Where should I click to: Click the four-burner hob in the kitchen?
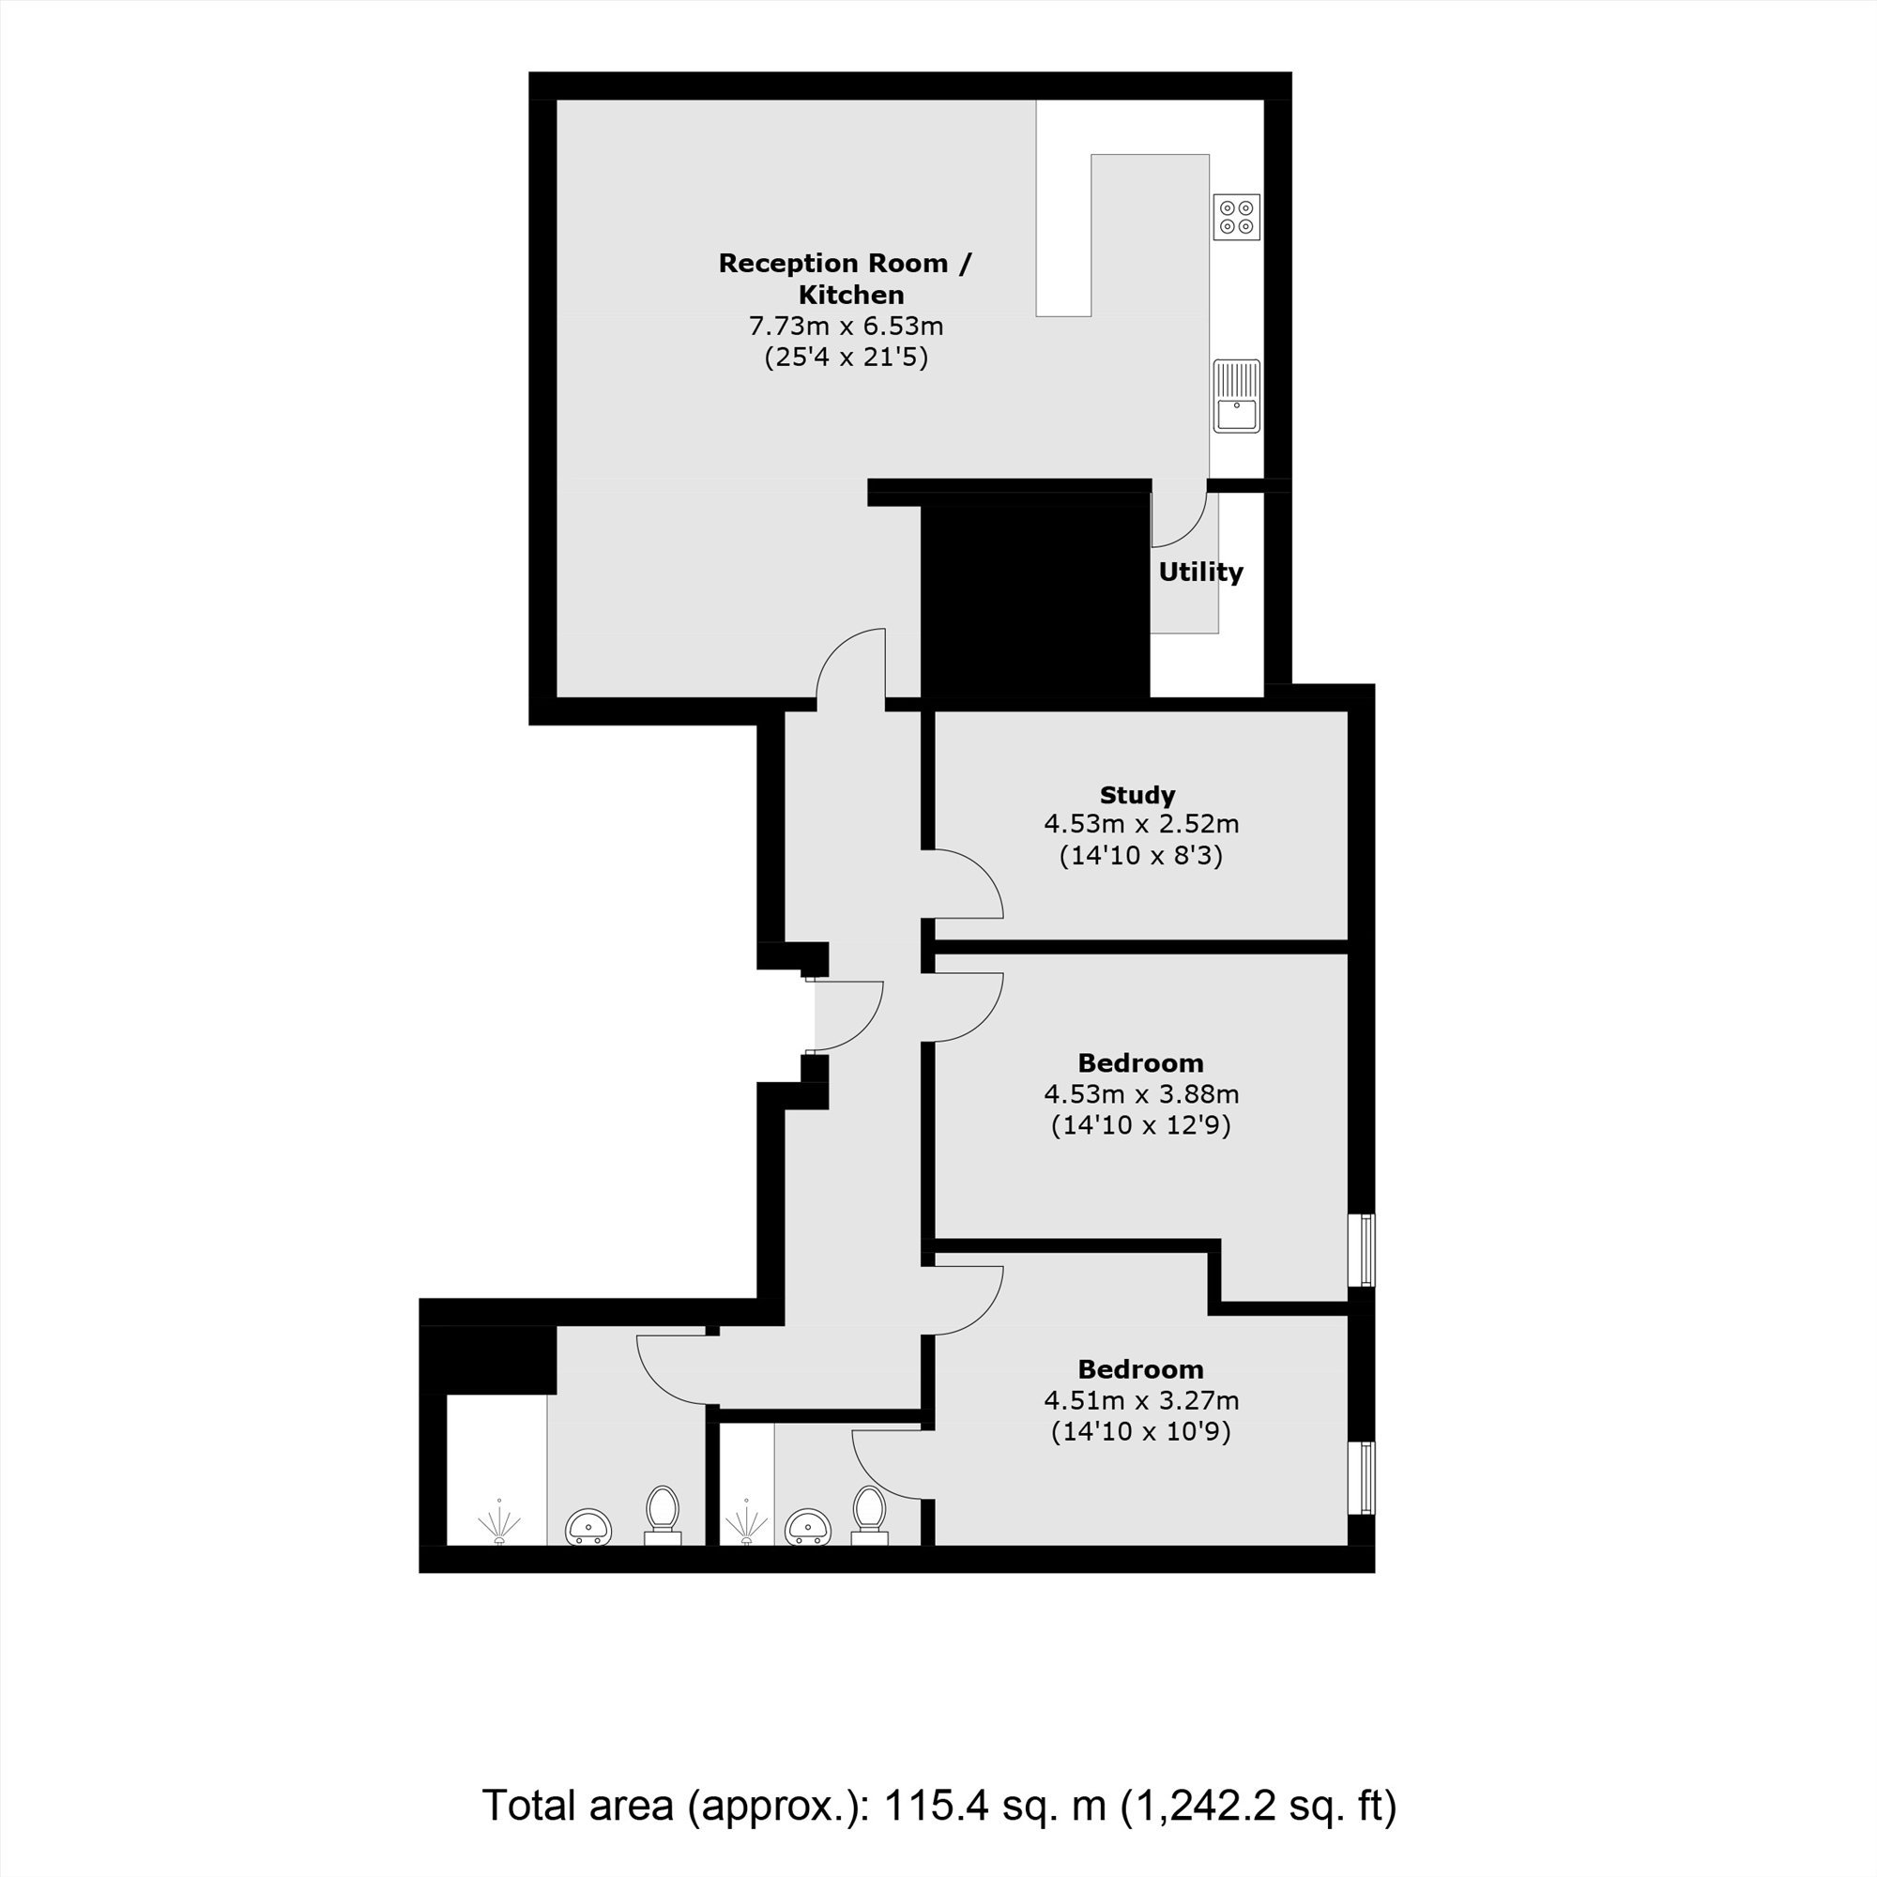(1237, 217)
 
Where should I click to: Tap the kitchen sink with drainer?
(1237, 396)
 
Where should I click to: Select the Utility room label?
(1201, 572)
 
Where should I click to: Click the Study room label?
(1137, 795)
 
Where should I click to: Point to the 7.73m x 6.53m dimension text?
(847, 326)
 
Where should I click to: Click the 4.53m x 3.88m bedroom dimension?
(1141, 1094)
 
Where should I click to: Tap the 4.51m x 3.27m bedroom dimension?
(1141, 1400)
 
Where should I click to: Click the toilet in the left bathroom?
(664, 1515)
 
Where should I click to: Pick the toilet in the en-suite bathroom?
(868, 1515)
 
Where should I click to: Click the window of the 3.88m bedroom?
(1366, 1249)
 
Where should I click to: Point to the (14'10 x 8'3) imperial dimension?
(1140, 856)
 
